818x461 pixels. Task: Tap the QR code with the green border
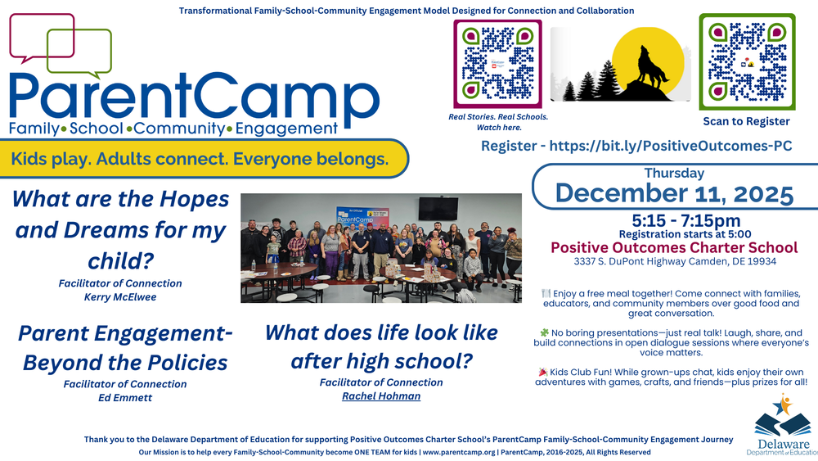(x=747, y=61)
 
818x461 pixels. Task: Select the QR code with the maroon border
(x=497, y=63)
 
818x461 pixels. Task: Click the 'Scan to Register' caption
(x=746, y=121)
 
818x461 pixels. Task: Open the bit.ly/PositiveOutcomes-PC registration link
(x=636, y=146)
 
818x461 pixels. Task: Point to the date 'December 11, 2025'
(x=674, y=194)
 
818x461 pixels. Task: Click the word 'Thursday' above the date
(x=674, y=174)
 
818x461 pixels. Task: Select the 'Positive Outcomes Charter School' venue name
(x=674, y=247)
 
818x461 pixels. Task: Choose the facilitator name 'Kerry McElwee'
(x=120, y=296)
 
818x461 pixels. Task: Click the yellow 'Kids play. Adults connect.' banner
(x=200, y=159)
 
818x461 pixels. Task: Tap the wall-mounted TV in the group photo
(x=438, y=208)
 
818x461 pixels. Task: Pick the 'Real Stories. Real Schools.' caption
(x=497, y=117)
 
